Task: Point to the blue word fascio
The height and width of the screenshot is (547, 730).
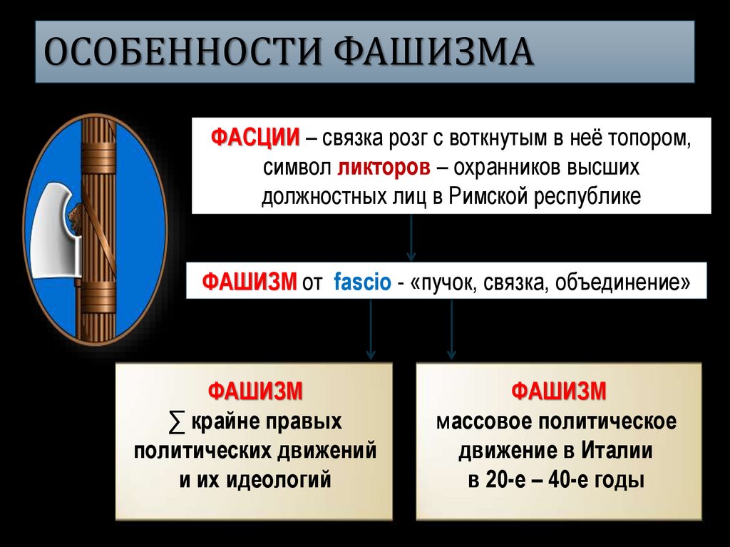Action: coord(361,282)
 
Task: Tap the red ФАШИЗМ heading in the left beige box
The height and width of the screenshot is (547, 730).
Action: coord(255,392)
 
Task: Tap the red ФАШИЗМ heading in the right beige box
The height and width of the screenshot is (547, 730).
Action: coord(558,392)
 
